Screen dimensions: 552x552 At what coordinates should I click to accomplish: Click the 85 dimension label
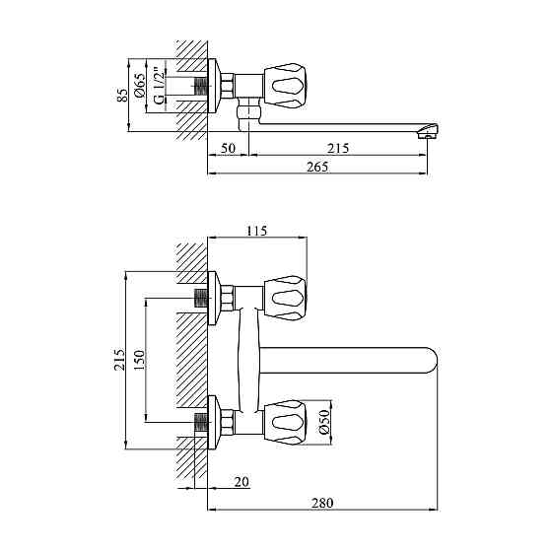pyautogui.click(x=122, y=95)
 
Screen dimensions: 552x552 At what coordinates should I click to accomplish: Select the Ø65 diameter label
pyautogui.click(x=140, y=85)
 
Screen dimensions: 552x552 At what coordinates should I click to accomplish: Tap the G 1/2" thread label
pyautogui.click(x=159, y=87)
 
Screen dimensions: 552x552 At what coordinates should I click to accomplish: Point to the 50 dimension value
pyautogui.click(x=228, y=148)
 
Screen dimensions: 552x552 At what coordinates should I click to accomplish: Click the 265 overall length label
pyautogui.click(x=317, y=167)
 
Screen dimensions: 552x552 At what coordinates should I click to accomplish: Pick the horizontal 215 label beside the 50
pyautogui.click(x=338, y=148)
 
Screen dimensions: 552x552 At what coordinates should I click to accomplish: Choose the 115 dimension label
pyautogui.click(x=256, y=231)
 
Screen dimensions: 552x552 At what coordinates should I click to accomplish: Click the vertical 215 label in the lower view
pyautogui.click(x=119, y=359)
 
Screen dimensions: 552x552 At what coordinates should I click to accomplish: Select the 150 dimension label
pyautogui.click(x=139, y=359)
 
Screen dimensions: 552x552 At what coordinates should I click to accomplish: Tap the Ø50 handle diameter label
pyautogui.click(x=324, y=422)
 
